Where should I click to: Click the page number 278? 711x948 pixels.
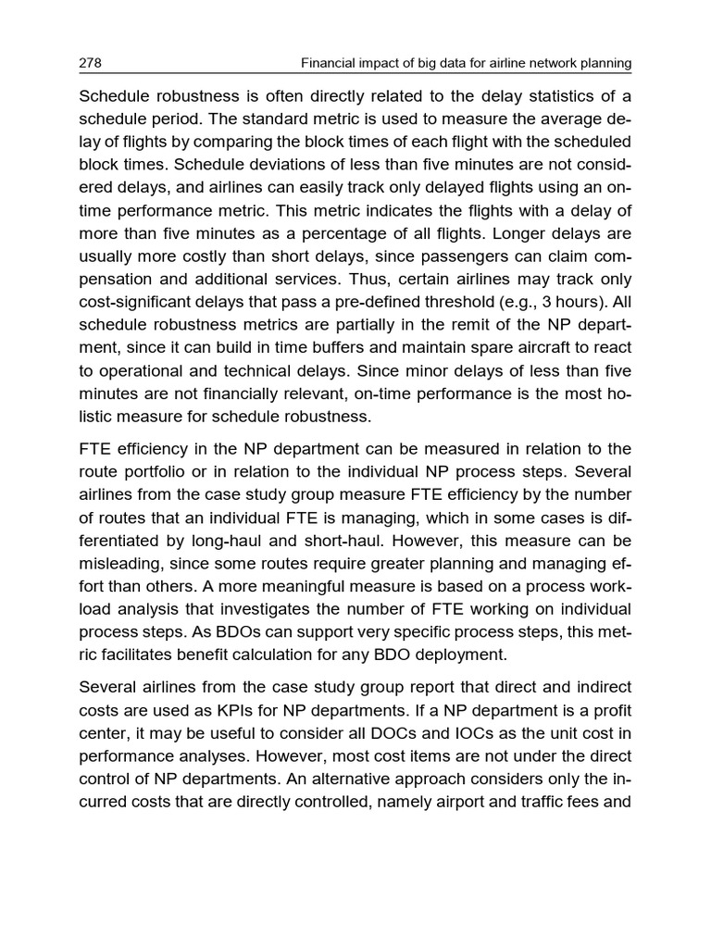[90, 63]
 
